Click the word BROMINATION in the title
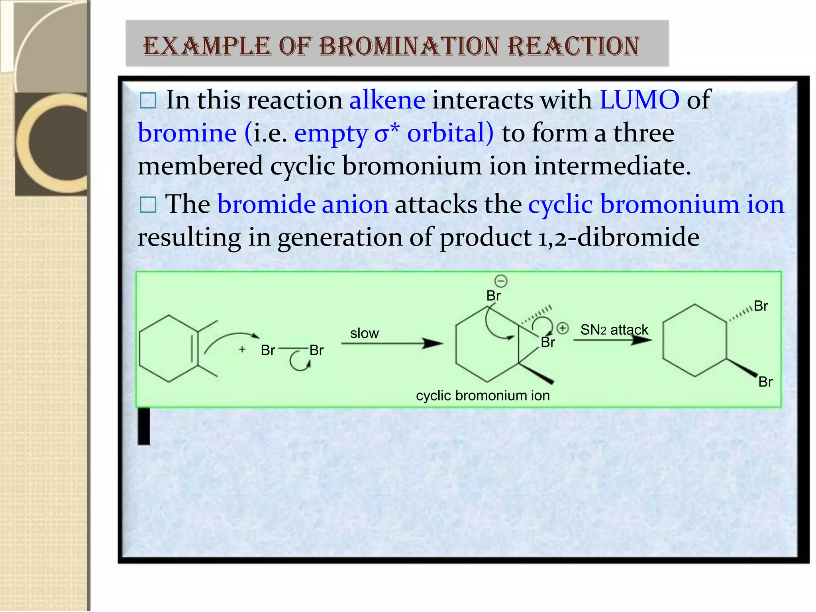tap(409, 46)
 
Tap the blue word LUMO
tap(639, 100)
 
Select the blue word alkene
tap(387, 100)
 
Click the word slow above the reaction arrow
tap(364, 333)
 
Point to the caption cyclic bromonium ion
tap(483, 396)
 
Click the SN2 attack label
tap(614, 330)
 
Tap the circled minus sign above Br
tap(501, 281)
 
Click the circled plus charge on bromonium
tap(563, 328)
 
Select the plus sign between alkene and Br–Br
tap(242, 349)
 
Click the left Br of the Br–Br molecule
tap(268, 350)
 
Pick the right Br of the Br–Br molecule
tap(316, 350)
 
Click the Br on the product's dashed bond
tap(761, 306)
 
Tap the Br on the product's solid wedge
tap(765, 382)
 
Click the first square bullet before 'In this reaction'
tap(148, 101)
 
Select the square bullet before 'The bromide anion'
tap(148, 205)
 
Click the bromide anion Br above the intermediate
tap(493, 296)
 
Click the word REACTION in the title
tap(574, 46)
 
